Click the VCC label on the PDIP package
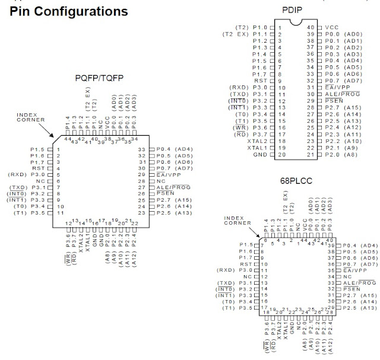tap(332, 27)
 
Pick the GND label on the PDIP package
tap(259, 154)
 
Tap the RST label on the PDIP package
tap(261, 81)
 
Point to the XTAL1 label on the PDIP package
tap(256, 147)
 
